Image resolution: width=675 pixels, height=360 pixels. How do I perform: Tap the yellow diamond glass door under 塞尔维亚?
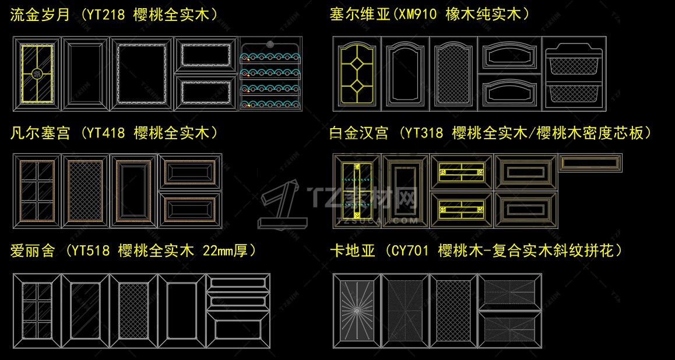[x=357, y=73]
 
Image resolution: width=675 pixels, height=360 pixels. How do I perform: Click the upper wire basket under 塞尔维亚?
[x=574, y=58]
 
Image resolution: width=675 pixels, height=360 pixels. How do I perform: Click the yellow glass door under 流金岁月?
[x=37, y=74]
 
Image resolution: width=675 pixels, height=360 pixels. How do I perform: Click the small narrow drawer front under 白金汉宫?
[x=590, y=162]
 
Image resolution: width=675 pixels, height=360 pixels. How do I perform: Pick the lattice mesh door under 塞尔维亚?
[x=453, y=73]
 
